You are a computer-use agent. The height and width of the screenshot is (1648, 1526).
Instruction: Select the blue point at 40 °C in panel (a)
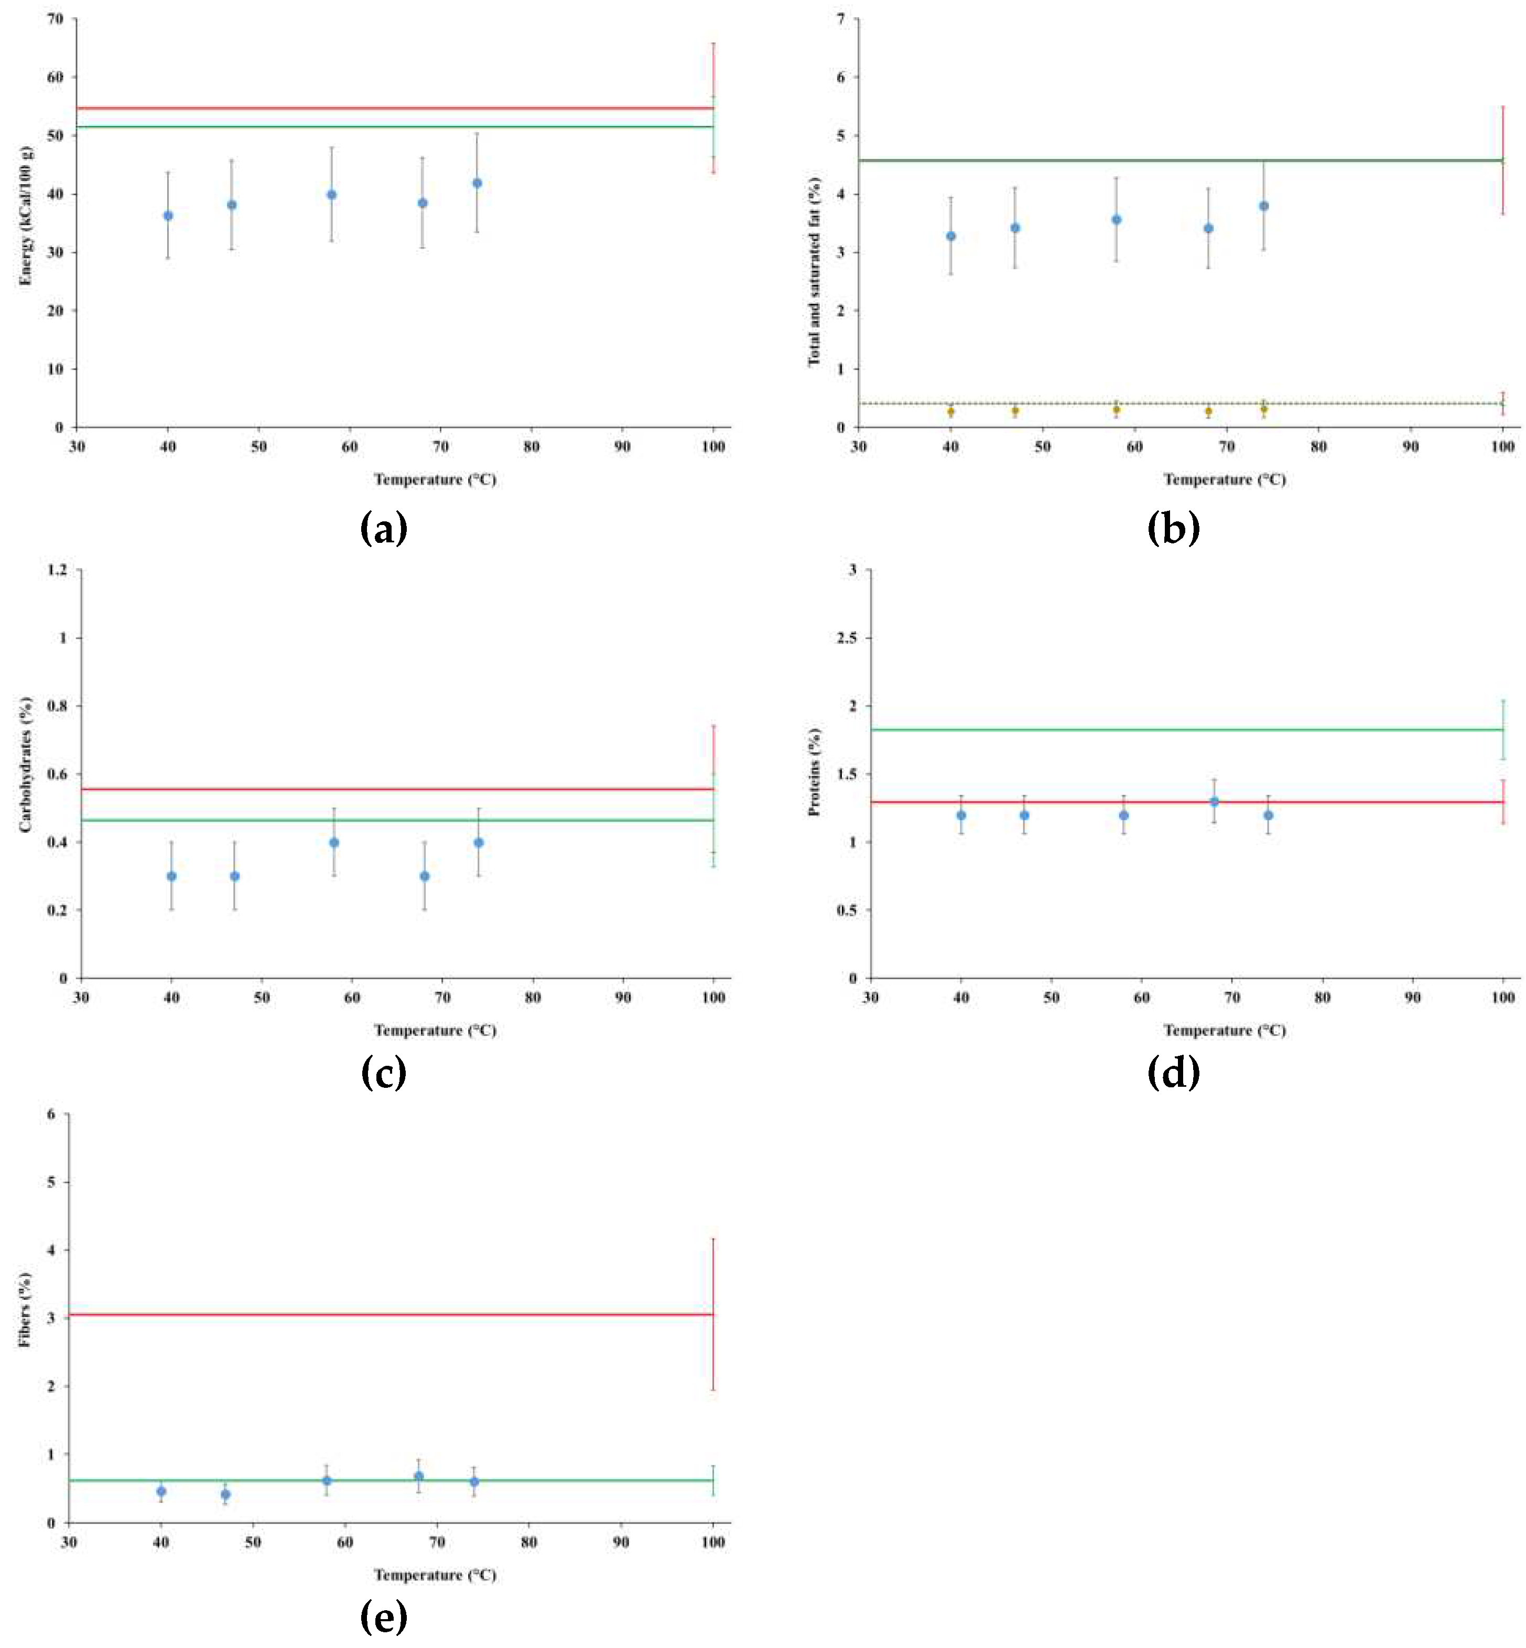[168, 216]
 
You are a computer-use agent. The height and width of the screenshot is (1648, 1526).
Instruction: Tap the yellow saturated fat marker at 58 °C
[1117, 410]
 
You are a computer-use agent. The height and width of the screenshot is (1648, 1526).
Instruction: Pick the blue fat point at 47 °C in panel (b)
[1015, 228]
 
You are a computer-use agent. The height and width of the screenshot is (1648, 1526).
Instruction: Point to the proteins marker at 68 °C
[1214, 801]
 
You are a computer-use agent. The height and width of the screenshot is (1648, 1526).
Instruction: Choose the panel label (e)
[384, 1617]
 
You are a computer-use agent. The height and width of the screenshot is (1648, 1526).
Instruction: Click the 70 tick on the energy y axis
[56, 19]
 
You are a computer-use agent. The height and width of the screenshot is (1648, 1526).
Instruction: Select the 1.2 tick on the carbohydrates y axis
[58, 570]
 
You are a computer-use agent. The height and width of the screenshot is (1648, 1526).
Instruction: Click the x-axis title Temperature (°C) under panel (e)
[435, 1575]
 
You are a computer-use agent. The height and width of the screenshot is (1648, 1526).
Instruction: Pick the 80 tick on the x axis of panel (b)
[1319, 447]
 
